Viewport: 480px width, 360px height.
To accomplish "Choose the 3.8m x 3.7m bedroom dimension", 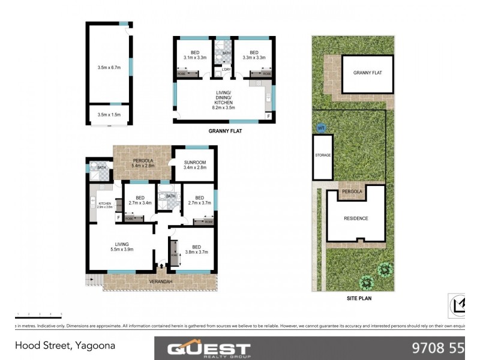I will click(x=196, y=253).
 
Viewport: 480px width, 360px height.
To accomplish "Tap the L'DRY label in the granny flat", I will click(x=226, y=70).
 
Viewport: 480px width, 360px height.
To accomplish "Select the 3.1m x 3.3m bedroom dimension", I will click(x=195, y=58).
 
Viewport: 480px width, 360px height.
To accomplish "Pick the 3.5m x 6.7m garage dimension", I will click(x=109, y=68).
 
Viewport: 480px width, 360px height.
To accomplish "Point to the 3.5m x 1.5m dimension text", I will click(x=109, y=114).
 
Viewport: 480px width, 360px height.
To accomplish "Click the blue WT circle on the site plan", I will click(x=321, y=128).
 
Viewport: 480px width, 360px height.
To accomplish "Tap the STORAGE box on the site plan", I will click(x=323, y=155).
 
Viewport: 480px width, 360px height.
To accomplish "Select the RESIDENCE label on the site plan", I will click(x=356, y=218).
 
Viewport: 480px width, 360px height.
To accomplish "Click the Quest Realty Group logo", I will click(x=208, y=349).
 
